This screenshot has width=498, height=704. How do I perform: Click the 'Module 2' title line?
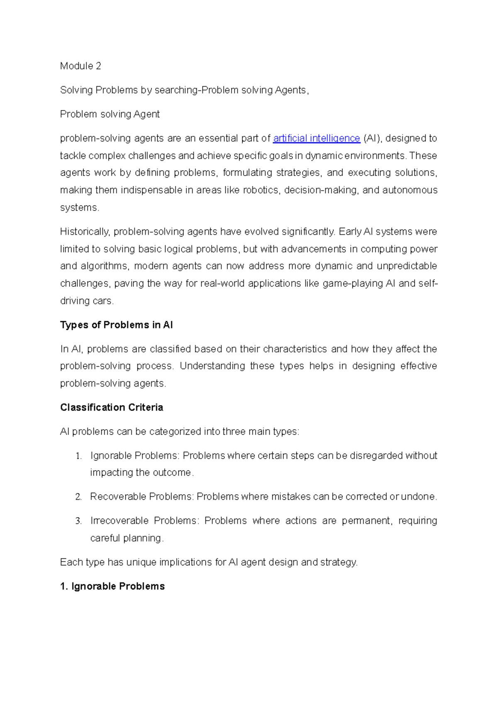(x=81, y=66)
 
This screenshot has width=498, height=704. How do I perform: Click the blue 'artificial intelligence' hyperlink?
(x=316, y=138)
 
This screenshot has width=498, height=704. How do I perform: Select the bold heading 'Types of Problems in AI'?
(x=116, y=325)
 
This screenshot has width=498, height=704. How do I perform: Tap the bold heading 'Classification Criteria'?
(x=111, y=407)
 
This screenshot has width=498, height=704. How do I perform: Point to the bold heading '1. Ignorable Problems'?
(x=112, y=586)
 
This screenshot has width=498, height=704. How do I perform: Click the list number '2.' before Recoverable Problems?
(x=78, y=497)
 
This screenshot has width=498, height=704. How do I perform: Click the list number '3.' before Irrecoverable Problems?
(x=78, y=521)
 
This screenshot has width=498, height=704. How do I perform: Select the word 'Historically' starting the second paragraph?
(x=85, y=232)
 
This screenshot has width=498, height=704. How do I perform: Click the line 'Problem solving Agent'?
(x=110, y=114)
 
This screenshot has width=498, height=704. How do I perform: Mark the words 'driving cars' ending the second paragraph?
(x=86, y=301)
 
